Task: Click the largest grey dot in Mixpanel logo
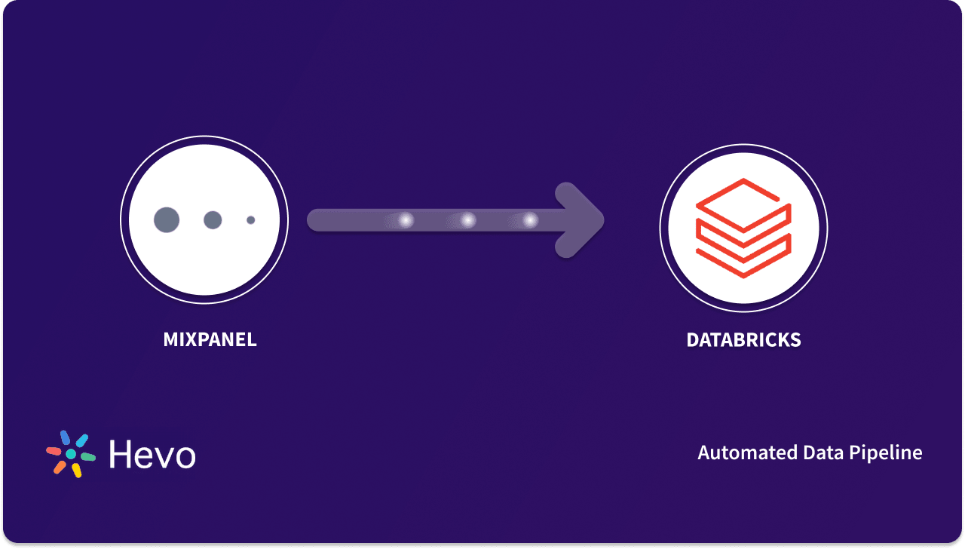[x=167, y=220]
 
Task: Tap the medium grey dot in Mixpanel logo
[x=213, y=220]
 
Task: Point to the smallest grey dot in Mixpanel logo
[x=251, y=220]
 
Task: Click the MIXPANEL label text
[x=210, y=340]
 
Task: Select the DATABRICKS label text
[x=743, y=340]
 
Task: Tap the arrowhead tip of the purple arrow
[x=601, y=220]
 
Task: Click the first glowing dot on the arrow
[x=406, y=220]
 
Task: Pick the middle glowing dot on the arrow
[x=468, y=220]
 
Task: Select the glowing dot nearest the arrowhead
[x=531, y=220]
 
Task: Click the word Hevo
[x=152, y=455]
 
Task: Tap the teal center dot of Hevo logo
[x=71, y=454]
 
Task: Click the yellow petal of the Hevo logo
[x=76, y=471]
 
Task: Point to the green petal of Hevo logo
[x=88, y=457]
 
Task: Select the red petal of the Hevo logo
[x=54, y=451]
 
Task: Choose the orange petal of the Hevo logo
[x=60, y=467]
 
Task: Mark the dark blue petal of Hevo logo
[x=65, y=437]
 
